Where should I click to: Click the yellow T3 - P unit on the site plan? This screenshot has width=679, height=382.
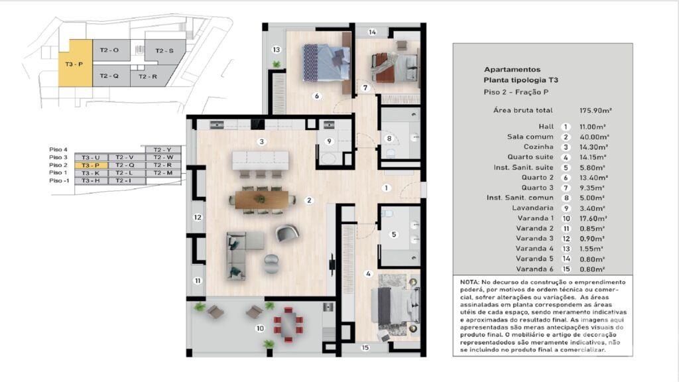(74, 64)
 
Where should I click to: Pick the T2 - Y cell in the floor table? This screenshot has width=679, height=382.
(162, 150)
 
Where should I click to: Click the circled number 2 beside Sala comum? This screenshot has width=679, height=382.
(566, 137)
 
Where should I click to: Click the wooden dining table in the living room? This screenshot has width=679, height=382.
(262, 198)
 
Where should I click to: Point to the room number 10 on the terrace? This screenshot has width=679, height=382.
(260, 328)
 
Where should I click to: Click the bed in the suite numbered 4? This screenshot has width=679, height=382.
(394, 306)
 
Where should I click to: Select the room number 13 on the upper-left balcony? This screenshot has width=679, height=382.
(277, 49)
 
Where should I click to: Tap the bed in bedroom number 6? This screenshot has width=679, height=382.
(325, 62)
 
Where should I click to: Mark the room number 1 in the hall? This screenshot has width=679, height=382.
(385, 188)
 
